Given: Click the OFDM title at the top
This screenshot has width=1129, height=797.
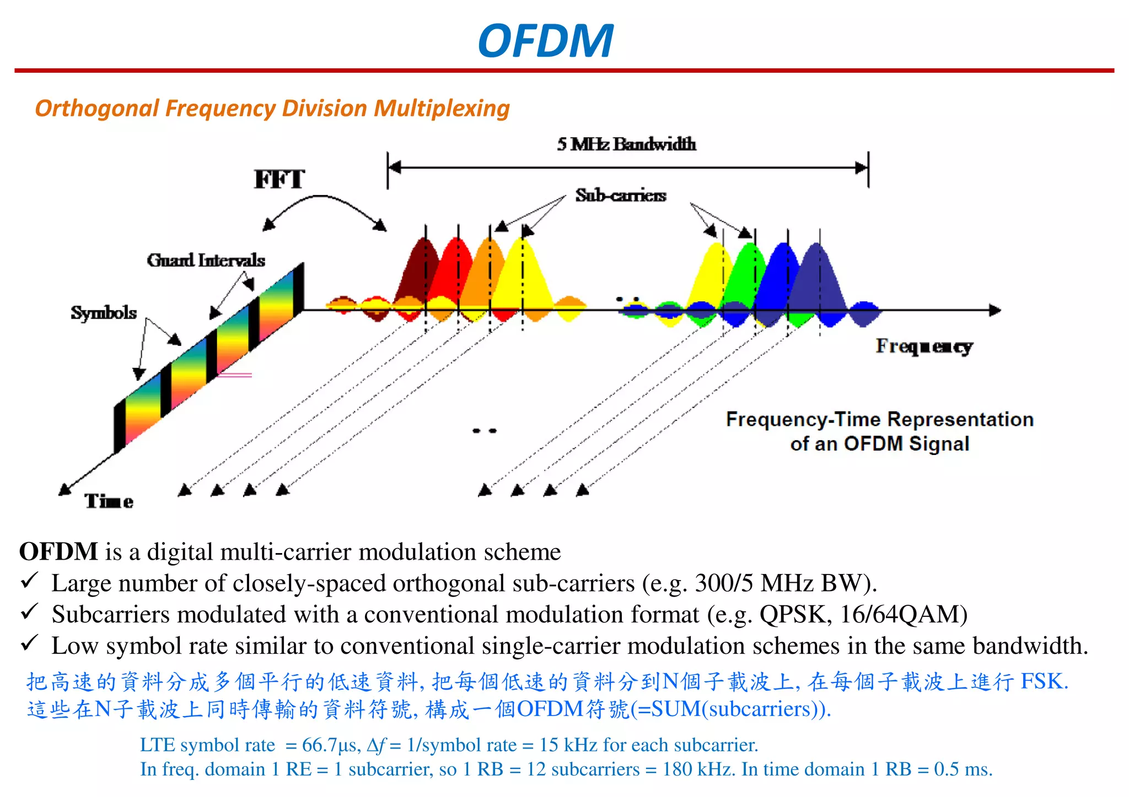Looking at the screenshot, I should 545,41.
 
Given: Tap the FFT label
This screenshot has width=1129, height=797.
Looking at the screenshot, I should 279,180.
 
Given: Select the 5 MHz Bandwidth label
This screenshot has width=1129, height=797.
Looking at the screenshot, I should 626,144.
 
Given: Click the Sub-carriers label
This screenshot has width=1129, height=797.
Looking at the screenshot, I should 621,196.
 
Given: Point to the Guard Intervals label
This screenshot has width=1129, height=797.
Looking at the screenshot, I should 206,260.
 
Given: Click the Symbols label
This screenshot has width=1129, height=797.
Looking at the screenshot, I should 104,313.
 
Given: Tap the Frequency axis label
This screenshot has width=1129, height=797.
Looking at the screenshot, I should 924,346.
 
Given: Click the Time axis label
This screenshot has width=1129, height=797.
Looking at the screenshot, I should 109,501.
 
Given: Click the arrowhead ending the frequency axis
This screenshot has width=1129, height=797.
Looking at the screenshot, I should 994,310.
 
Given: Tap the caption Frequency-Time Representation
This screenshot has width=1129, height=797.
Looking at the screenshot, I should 879,420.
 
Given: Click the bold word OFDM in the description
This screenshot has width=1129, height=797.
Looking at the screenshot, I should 58,552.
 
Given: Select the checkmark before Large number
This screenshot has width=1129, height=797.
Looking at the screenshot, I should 29,581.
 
